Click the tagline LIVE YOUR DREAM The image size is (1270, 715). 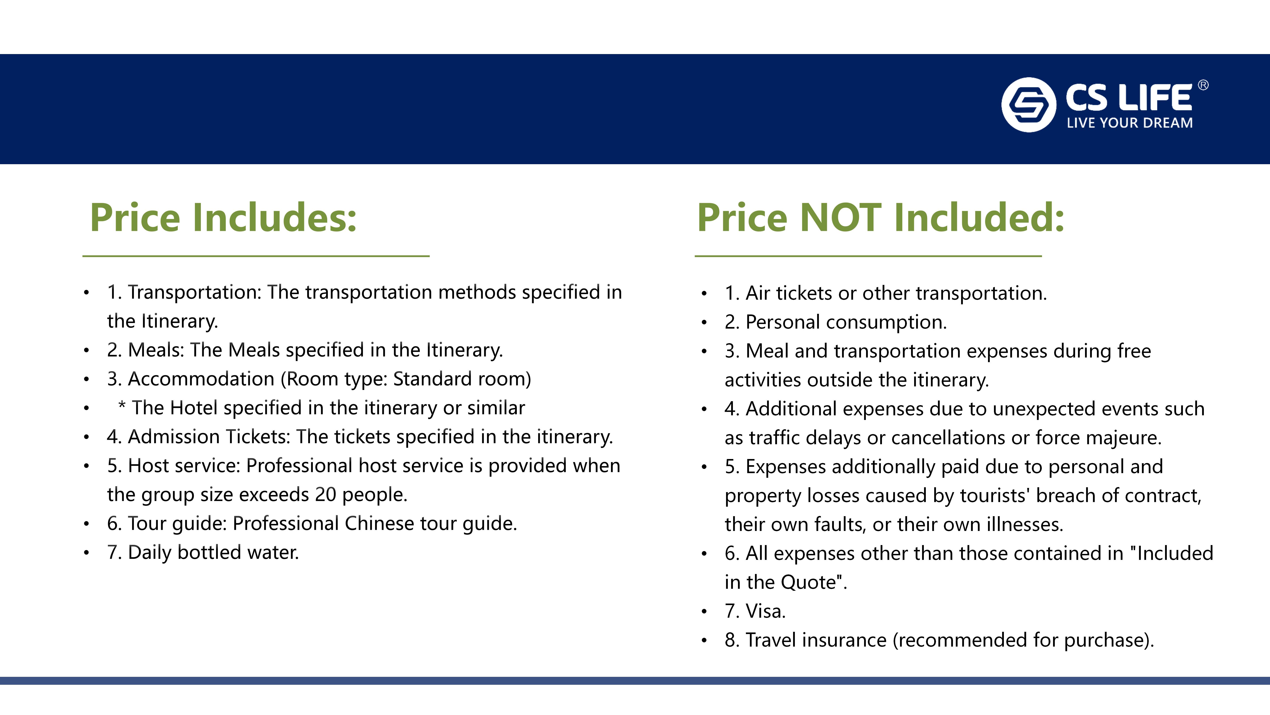coord(1130,123)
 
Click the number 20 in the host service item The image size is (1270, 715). coord(325,494)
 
